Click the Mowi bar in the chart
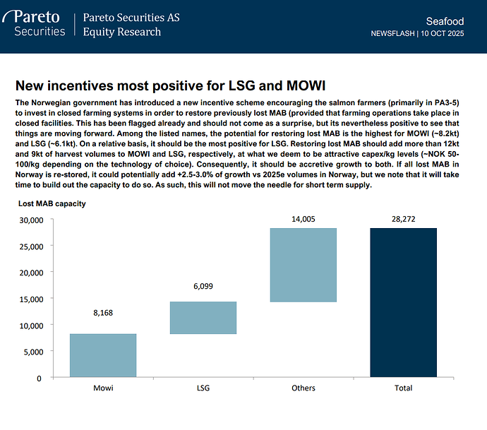pos(103,355)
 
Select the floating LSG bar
pos(203,318)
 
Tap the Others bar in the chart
pos(303,265)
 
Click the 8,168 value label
pos(103,312)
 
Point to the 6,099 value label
pos(203,286)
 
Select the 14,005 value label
pos(303,219)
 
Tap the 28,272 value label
pos(403,219)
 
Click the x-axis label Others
pos(303,388)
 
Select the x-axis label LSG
pos(203,388)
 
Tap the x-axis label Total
pos(403,388)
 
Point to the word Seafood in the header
pos(445,21)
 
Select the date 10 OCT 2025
pos(443,33)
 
